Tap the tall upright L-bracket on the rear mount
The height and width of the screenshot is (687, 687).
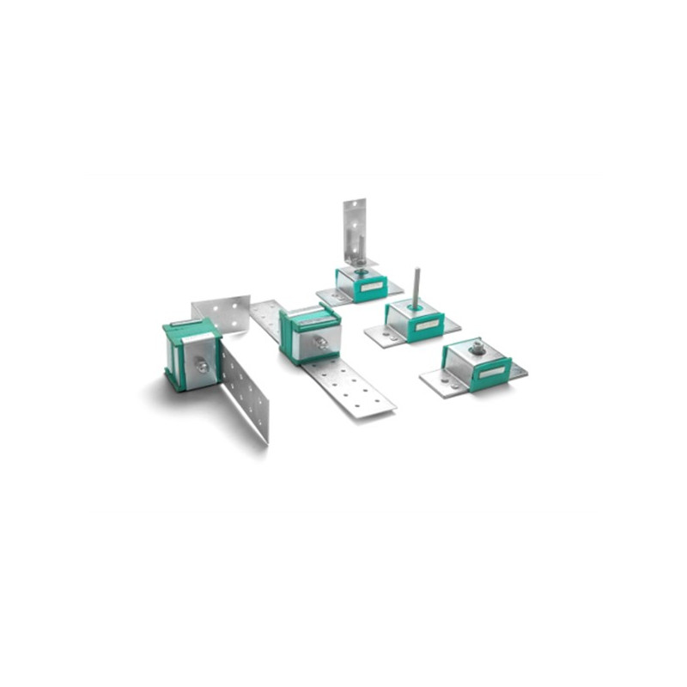tap(355, 228)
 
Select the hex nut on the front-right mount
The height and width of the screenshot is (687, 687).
tap(477, 348)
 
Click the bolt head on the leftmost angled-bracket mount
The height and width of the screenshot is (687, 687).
tap(201, 366)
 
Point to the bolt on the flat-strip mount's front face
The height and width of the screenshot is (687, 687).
tap(320, 343)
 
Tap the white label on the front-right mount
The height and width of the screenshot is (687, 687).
tap(492, 372)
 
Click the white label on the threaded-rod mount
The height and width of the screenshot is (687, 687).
tap(427, 325)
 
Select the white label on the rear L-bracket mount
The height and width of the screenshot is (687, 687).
tap(372, 287)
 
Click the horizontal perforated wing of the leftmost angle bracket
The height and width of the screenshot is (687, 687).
tap(222, 310)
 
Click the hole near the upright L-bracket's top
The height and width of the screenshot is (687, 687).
tap(353, 208)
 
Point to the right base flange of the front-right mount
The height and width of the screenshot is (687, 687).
tap(518, 372)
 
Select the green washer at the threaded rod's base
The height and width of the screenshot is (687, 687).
tap(415, 307)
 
